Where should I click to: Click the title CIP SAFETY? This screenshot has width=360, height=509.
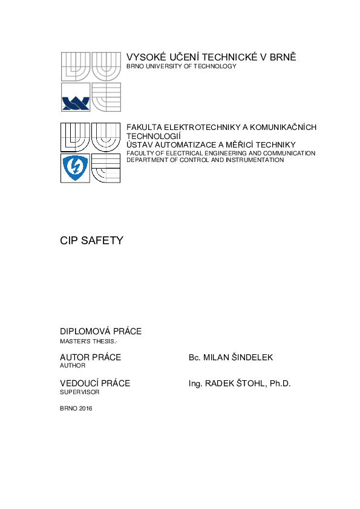tap(91, 241)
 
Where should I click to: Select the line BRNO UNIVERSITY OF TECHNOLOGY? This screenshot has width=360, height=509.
tap(181, 66)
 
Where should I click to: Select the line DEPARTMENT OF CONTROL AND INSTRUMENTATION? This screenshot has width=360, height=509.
tap(205, 160)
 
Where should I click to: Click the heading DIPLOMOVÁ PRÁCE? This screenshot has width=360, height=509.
tap(100, 331)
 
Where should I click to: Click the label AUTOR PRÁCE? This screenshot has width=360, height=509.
tap(90, 357)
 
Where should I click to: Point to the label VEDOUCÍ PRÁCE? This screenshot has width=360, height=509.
tap(95, 383)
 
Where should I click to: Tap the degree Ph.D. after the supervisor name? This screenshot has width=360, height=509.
tap(280, 383)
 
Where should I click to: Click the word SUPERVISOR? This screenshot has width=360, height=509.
tap(79, 392)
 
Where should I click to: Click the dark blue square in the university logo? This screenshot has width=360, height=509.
tap(76, 97)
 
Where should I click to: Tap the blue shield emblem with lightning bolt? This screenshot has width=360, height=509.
tap(76, 168)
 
